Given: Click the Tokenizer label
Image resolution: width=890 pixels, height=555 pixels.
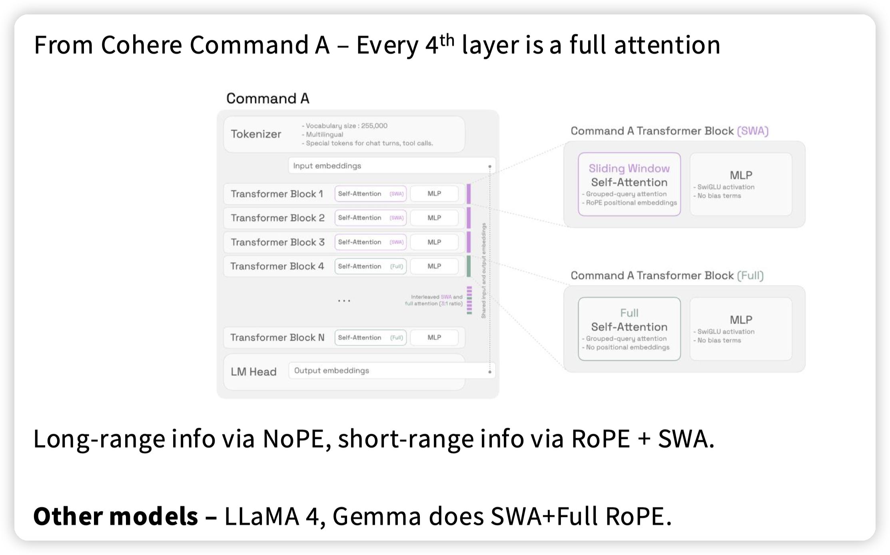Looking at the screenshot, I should tap(256, 134).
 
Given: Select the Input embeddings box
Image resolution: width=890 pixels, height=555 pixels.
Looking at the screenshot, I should tap(391, 166).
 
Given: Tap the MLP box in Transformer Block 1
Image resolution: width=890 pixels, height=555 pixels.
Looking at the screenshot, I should tap(434, 194).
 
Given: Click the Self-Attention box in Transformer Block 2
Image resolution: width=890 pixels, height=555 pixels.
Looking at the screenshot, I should tap(370, 218).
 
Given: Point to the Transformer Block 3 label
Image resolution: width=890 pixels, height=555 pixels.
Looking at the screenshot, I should tap(277, 242).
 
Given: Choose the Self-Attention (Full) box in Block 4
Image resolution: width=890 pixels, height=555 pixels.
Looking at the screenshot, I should tap(370, 266).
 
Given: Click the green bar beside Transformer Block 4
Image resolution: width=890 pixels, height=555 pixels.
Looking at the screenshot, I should tap(469, 266).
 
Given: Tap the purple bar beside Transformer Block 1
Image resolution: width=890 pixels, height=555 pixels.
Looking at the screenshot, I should tap(469, 194).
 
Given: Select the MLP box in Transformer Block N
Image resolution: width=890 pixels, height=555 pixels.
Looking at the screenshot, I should tap(434, 337).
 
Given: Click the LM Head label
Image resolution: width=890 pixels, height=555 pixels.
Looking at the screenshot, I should tap(253, 372).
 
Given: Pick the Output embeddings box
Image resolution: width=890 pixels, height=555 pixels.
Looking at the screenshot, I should tap(391, 371).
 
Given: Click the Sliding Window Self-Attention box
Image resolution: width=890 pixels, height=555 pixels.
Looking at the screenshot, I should tap(629, 184).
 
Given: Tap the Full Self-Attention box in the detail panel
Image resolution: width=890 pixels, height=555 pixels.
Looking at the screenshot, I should tap(629, 329).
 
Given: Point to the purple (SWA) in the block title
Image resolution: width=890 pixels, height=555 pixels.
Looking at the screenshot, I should tap(752, 131).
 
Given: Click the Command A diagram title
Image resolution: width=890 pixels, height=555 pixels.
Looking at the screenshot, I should tap(267, 98).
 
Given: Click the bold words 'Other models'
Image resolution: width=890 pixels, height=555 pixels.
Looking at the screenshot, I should tap(116, 516).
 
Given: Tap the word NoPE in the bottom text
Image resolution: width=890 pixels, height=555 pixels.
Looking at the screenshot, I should tap(293, 439).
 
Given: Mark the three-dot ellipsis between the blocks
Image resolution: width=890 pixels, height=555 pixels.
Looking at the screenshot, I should tap(344, 300).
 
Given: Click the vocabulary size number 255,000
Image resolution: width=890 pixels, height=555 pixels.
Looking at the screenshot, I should tap(374, 126).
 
